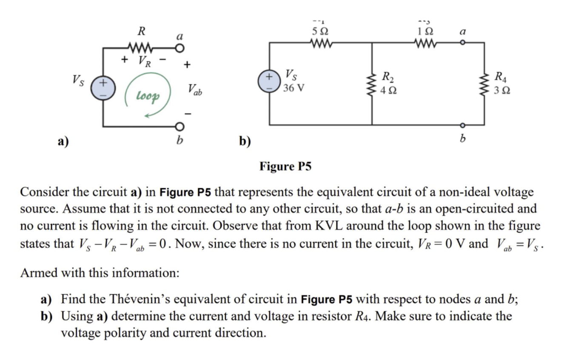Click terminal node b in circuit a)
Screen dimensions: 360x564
tap(180, 126)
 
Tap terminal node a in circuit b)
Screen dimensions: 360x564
tap(463, 43)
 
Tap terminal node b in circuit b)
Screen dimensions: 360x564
tap(463, 125)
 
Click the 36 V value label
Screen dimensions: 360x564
tap(294, 89)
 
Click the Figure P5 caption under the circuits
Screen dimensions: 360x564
tap(285, 166)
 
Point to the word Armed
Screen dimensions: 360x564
tap(38, 273)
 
